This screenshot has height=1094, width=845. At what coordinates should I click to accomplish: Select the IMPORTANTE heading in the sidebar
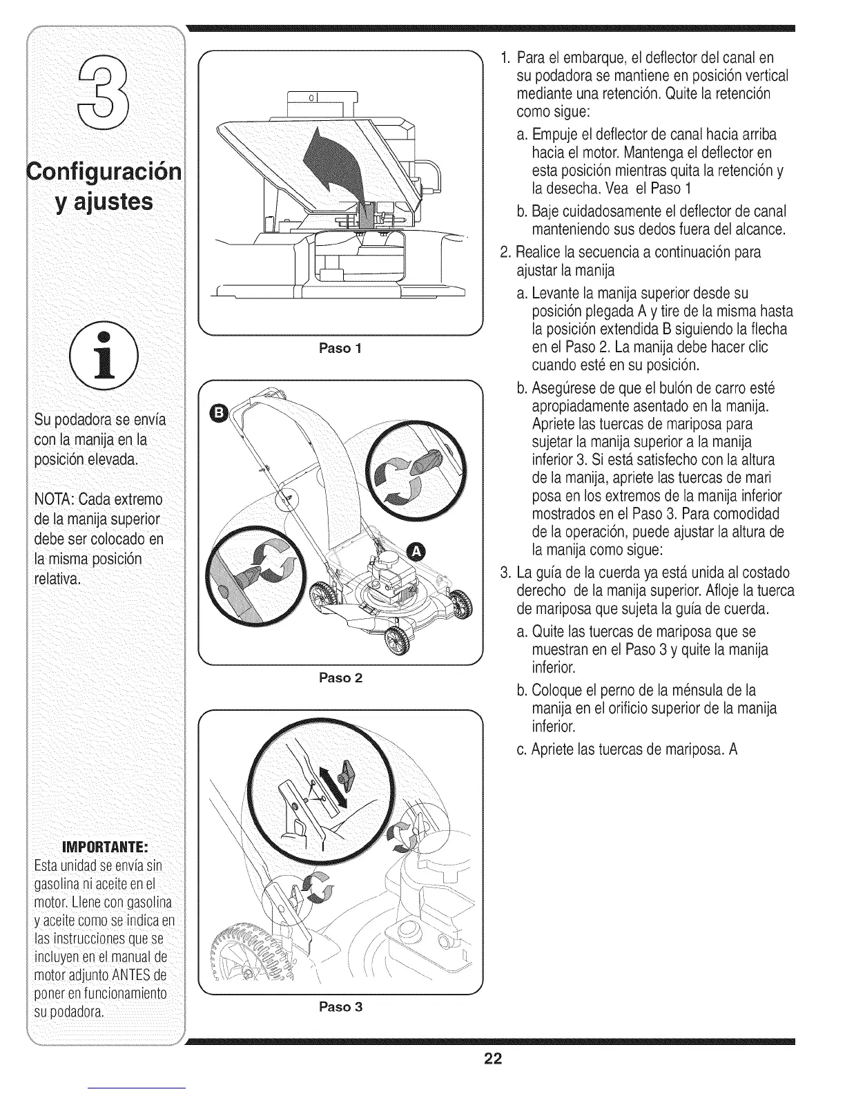pyautogui.click(x=104, y=847)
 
